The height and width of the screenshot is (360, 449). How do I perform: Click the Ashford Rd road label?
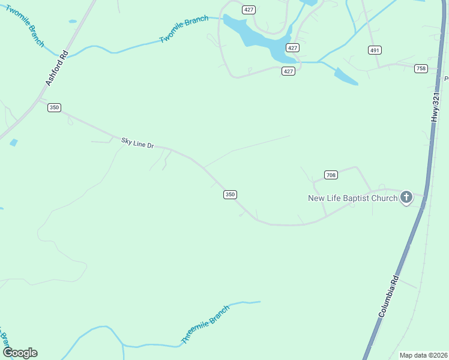pyautogui.click(x=55, y=70)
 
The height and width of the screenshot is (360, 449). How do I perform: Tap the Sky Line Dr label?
pyautogui.click(x=138, y=143)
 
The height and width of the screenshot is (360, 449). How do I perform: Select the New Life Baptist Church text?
pyautogui.click(x=352, y=198)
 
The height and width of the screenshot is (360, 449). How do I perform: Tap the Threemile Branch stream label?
pyautogui.click(x=205, y=325)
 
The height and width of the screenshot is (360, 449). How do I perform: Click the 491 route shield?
pyautogui.click(x=375, y=50)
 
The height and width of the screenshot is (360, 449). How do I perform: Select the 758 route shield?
pyautogui.click(x=421, y=68)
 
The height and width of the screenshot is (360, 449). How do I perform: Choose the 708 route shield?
pyautogui.click(x=331, y=175)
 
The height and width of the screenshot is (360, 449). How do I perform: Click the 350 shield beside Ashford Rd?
pyautogui.click(x=55, y=107)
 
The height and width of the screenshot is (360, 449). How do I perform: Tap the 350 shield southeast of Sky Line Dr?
pyautogui.click(x=230, y=194)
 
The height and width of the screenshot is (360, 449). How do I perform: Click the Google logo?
pyautogui.click(x=20, y=353)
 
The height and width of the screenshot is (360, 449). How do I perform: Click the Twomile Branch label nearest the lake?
pyautogui.click(x=184, y=29)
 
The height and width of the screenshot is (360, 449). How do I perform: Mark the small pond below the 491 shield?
pyautogui.click(x=346, y=76)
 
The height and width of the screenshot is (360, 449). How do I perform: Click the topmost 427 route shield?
pyautogui.click(x=249, y=10)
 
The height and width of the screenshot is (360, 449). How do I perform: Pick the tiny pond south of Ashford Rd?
pyautogui.click(x=14, y=143)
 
